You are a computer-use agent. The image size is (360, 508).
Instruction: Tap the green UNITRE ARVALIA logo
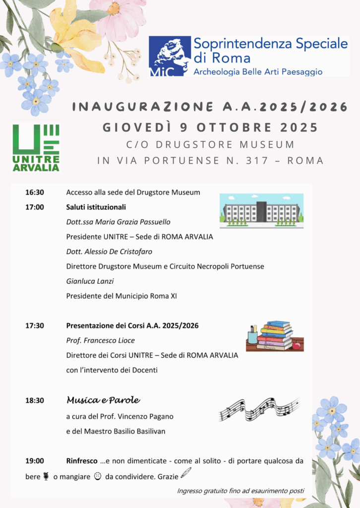tap(36, 147)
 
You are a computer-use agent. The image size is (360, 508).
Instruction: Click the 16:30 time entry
tap(35, 192)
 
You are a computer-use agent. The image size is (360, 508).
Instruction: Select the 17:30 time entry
tap(35, 326)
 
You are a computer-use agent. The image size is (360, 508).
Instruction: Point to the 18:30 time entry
tap(35, 400)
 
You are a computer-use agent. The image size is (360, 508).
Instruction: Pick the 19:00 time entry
tap(35, 461)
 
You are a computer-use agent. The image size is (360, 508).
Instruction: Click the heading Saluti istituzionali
tap(96, 207)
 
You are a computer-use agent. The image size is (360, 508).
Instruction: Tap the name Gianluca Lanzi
tap(90, 281)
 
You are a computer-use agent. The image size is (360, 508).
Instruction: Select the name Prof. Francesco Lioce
tap(100, 341)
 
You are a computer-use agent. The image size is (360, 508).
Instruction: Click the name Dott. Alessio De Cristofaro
tap(111, 252)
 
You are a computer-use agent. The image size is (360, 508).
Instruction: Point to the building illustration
tap(261, 211)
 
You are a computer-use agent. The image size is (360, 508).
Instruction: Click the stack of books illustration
tap(275, 336)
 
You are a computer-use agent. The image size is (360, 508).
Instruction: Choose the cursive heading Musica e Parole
tap(103, 400)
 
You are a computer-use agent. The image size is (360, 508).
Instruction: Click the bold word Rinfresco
tap(82, 461)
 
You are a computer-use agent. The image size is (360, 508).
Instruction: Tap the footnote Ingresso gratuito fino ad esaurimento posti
tap(240, 491)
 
